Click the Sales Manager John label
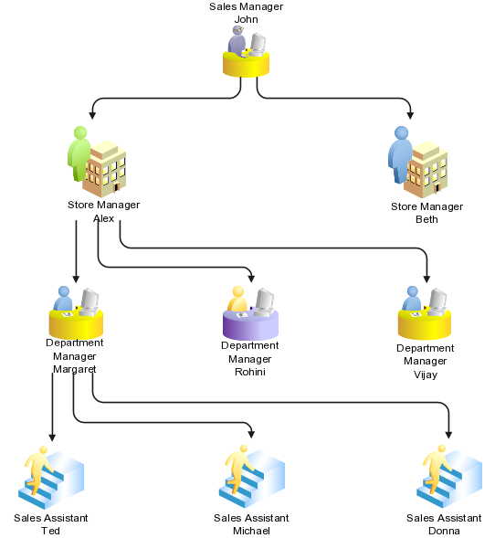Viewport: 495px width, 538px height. pos(246,12)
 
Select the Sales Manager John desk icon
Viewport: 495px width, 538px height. pos(246,52)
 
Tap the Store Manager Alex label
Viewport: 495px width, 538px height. pos(103,211)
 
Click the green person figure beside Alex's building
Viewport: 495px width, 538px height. pos(80,153)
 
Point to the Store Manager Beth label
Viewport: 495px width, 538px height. pos(427,212)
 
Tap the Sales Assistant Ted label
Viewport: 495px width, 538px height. pos(50,523)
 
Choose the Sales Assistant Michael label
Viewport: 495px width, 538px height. pos(251,523)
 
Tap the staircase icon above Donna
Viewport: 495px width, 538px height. pos(449,476)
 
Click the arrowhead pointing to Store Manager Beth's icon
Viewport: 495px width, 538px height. pos(410,115)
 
